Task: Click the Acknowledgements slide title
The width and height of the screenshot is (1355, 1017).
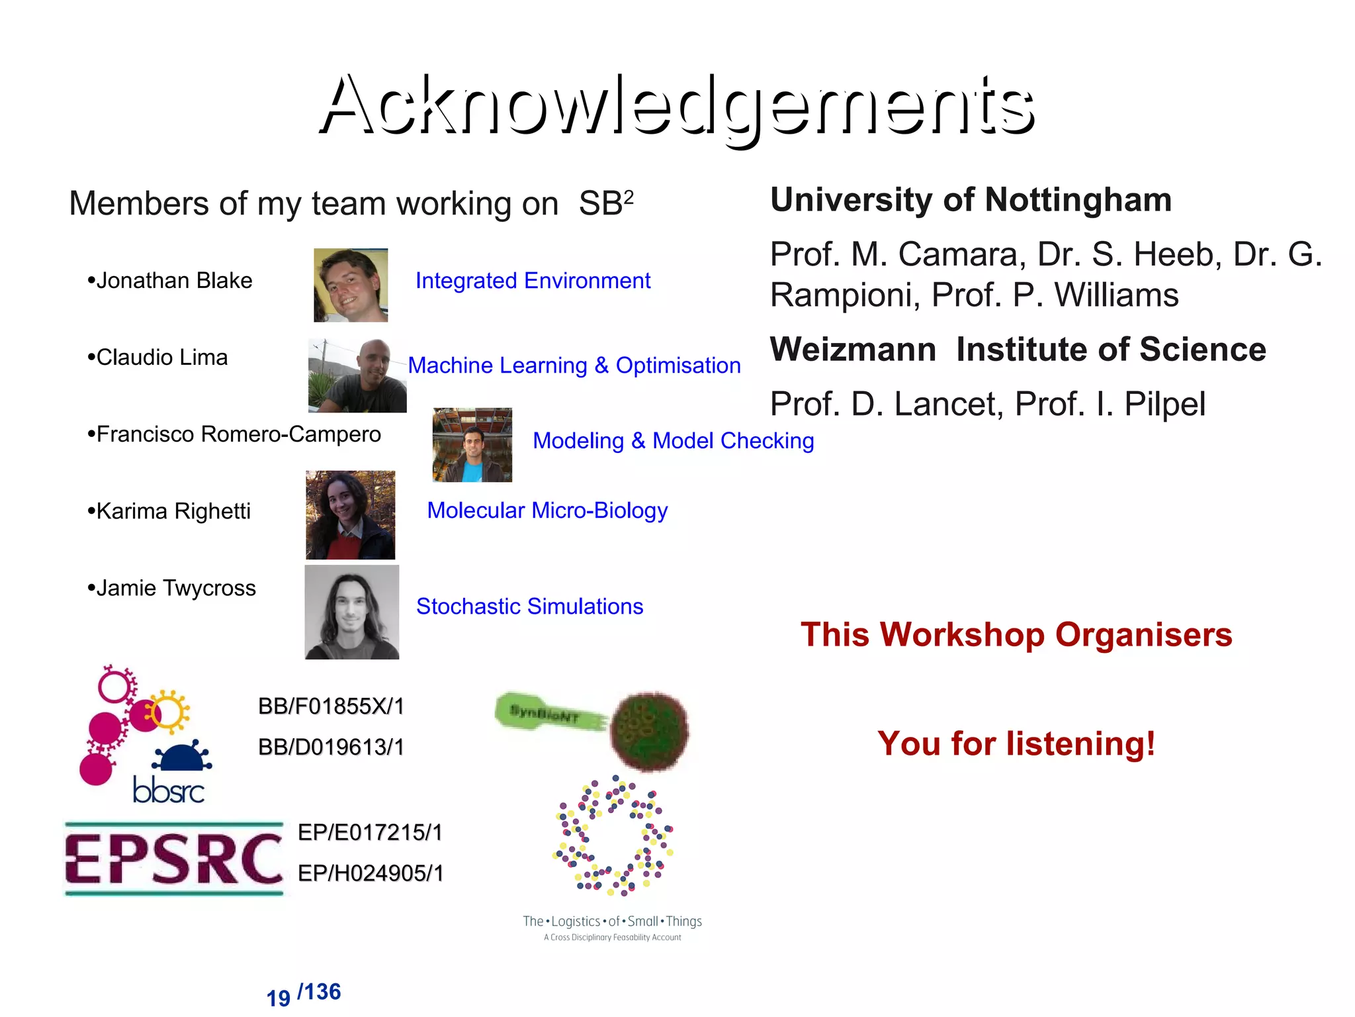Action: point(677,106)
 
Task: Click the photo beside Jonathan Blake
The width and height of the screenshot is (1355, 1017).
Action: point(351,285)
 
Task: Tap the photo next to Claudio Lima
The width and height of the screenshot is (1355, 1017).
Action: point(357,375)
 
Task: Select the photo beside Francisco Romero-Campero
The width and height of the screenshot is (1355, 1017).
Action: point(472,444)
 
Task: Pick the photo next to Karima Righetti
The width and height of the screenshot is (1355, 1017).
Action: point(350,515)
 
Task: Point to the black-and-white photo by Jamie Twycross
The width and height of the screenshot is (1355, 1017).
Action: point(351,612)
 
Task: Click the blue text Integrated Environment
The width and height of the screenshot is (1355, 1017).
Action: point(533,281)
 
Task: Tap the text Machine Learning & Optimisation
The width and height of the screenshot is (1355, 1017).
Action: point(574,365)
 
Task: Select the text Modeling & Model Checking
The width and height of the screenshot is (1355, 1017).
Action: point(673,441)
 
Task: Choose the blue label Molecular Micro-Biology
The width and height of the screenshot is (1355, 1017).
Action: point(547,510)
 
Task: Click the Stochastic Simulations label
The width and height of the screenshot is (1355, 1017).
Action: point(529,606)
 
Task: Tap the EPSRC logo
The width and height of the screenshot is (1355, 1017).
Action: point(174,859)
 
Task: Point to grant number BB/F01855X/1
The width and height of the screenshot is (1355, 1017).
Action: point(331,706)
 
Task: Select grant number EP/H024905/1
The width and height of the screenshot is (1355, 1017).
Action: point(371,873)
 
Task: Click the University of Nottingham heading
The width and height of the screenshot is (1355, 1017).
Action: point(971,200)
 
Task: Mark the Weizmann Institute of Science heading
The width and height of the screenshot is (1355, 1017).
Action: point(1018,350)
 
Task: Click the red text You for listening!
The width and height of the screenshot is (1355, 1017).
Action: point(1016,744)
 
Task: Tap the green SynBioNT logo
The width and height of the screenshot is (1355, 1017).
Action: point(592,728)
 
